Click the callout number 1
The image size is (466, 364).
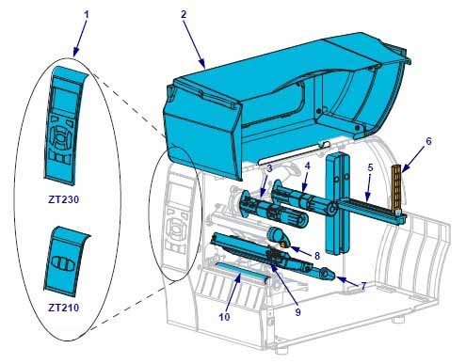point(87,14)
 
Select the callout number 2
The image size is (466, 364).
point(184,14)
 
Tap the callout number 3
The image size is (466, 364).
point(269,168)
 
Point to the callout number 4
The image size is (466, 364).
point(308,166)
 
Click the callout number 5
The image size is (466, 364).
point(371,167)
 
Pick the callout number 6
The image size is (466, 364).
point(428,141)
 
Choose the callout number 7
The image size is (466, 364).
point(363,286)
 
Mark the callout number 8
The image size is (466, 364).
point(317,256)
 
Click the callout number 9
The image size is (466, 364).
point(297,311)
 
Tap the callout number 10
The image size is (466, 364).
point(224,317)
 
